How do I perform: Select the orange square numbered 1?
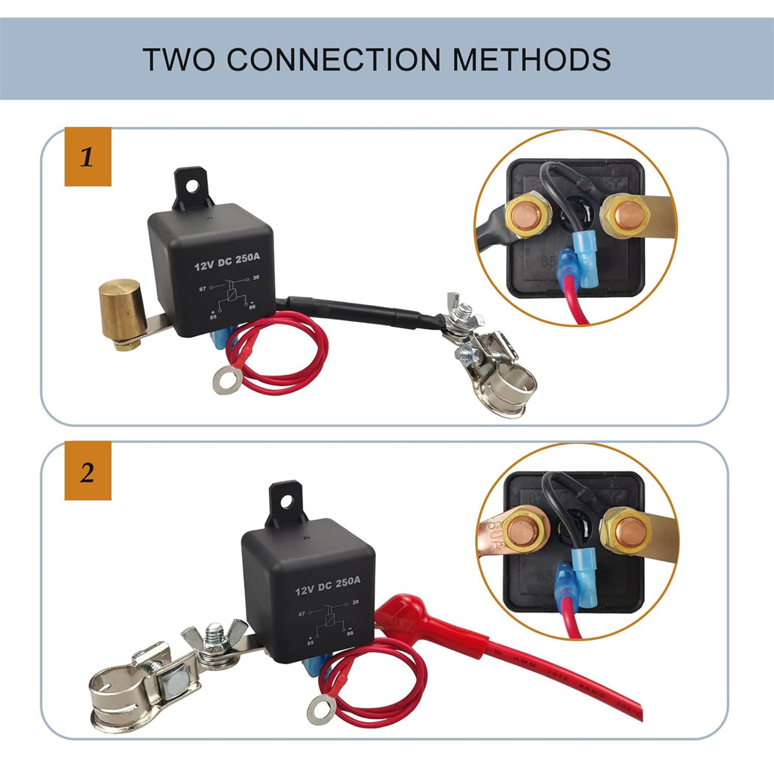[x=88, y=157]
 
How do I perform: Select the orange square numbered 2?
[x=88, y=471]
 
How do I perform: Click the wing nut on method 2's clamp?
[x=217, y=635]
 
